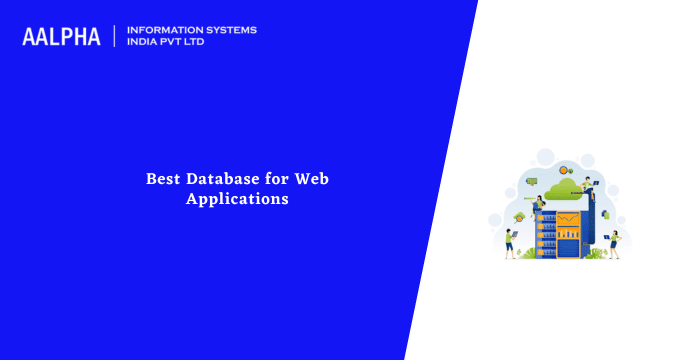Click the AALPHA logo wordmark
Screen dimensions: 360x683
tap(62, 37)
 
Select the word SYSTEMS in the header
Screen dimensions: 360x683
tap(230, 30)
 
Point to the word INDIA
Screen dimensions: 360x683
tap(144, 43)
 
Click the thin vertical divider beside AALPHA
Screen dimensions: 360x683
tap(115, 36)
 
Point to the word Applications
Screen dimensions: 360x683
tap(237, 198)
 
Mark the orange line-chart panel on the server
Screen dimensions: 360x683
tap(567, 219)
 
